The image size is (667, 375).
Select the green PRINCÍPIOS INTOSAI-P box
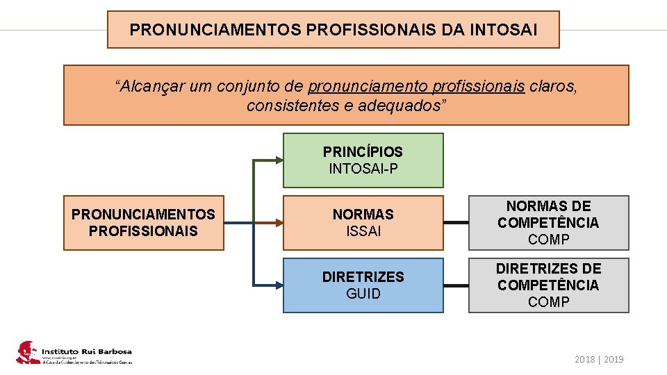pyautogui.click(x=363, y=160)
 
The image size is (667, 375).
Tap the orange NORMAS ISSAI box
pyautogui.click(x=363, y=223)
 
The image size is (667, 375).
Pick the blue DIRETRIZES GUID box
pyautogui.click(x=363, y=285)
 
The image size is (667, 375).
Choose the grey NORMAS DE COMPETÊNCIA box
pyautogui.click(x=548, y=223)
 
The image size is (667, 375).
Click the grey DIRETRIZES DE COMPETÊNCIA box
pyautogui.click(x=548, y=285)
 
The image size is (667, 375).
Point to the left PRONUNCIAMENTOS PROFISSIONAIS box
pyautogui.click(x=144, y=223)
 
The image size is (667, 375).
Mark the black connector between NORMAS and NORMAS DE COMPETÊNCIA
pyautogui.click(x=456, y=223)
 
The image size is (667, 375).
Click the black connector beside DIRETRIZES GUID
pyautogui.click(x=456, y=285)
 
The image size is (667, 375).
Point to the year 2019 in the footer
pyautogui.click(x=614, y=360)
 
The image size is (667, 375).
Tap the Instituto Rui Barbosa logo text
pyautogui.click(x=86, y=351)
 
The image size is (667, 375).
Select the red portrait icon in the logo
pyautogui.click(x=27, y=352)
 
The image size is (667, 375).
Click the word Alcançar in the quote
pyautogui.click(x=147, y=87)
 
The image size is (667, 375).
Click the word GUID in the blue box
pyautogui.click(x=363, y=294)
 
